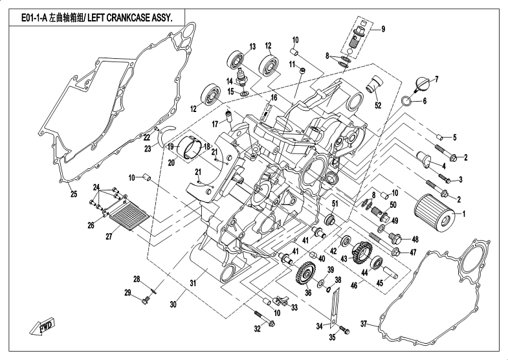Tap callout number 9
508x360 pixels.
coord(382,28)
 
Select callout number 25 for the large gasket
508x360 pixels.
coord(73,194)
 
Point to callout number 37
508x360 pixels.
coord(363,324)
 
